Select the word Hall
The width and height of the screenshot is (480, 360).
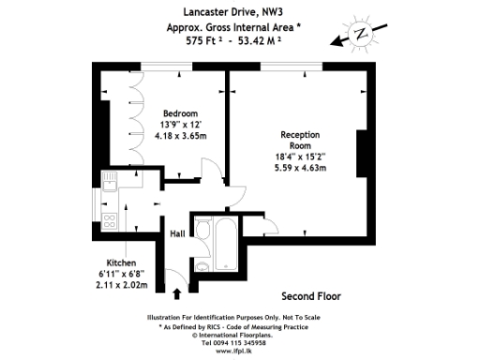point(176,233)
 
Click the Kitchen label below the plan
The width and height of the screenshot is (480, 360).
point(122,262)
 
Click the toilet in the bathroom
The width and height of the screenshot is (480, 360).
point(202,265)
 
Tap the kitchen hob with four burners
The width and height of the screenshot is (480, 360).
point(109,222)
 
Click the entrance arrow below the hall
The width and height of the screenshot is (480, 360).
point(176,295)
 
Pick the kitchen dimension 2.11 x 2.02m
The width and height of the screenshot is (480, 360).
point(122,284)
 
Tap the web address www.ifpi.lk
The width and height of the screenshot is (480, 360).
point(240,352)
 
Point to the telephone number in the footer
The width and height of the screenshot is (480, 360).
point(240,342)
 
